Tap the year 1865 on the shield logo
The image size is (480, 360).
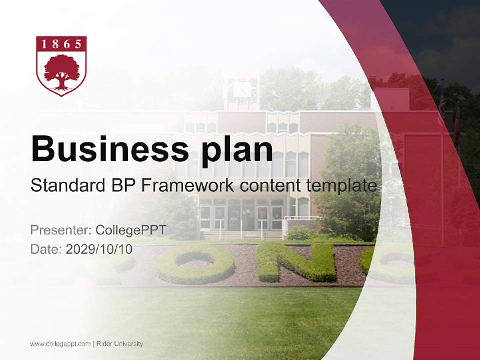tap(61, 44)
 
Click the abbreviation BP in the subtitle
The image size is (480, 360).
tap(122, 186)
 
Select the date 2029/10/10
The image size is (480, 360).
tap(99, 249)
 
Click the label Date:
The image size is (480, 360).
tap(46, 249)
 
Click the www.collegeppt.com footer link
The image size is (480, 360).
tap(60, 344)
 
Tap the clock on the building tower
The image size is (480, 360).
tap(242, 90)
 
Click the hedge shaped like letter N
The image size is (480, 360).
tap(297, 262)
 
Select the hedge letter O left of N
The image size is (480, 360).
tap(195, 264)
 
